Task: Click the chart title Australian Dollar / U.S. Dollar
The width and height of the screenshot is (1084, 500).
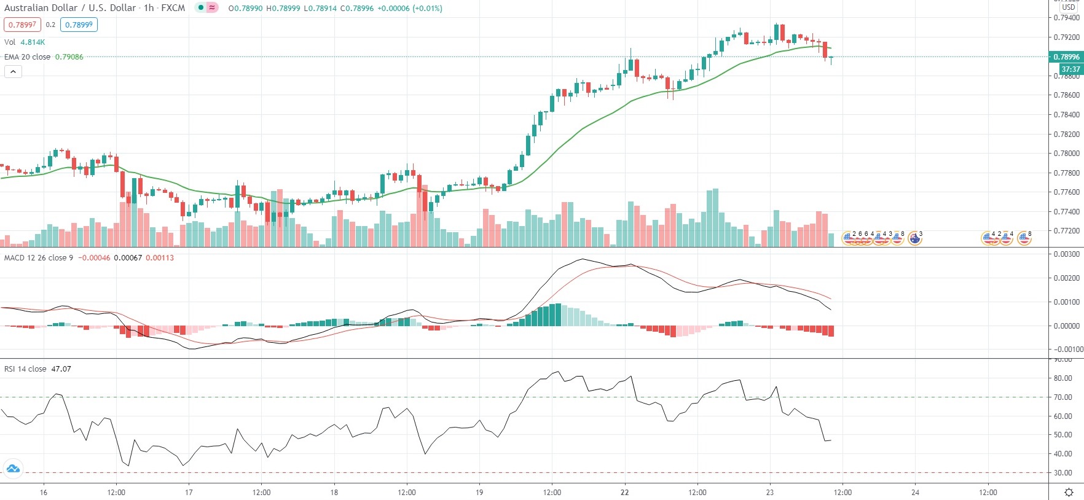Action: [70, 8]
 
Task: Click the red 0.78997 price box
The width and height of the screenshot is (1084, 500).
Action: [22, 25]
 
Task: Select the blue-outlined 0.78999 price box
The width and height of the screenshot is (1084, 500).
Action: [79, 25]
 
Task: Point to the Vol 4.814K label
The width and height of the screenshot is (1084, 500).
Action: [25, 42]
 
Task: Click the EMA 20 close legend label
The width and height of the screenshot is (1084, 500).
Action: [28, 57]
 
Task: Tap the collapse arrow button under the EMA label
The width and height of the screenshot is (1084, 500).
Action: [13, 72]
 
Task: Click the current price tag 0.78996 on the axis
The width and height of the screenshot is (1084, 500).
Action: [1066, 57]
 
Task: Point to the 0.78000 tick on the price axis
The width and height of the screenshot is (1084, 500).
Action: [1066, 154]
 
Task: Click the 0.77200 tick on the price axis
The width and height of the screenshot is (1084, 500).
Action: [1066, 231]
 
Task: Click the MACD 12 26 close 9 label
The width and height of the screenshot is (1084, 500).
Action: [38, 258]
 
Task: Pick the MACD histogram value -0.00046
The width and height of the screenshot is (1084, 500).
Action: [94, 258]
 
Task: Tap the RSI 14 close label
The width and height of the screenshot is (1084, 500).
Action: [25, 369]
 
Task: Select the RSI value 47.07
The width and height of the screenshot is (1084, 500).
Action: [61, 369]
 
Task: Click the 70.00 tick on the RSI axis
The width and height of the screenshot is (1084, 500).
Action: [1063, 397]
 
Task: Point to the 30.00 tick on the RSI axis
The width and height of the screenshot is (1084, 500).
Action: [1063, 473]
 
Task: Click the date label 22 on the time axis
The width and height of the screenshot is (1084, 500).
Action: [625, 493]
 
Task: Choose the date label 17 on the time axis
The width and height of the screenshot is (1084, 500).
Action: [189, 493]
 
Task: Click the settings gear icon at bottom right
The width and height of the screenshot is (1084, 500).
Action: [1069, 493]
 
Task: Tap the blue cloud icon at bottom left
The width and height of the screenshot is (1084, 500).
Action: [13, 469]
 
